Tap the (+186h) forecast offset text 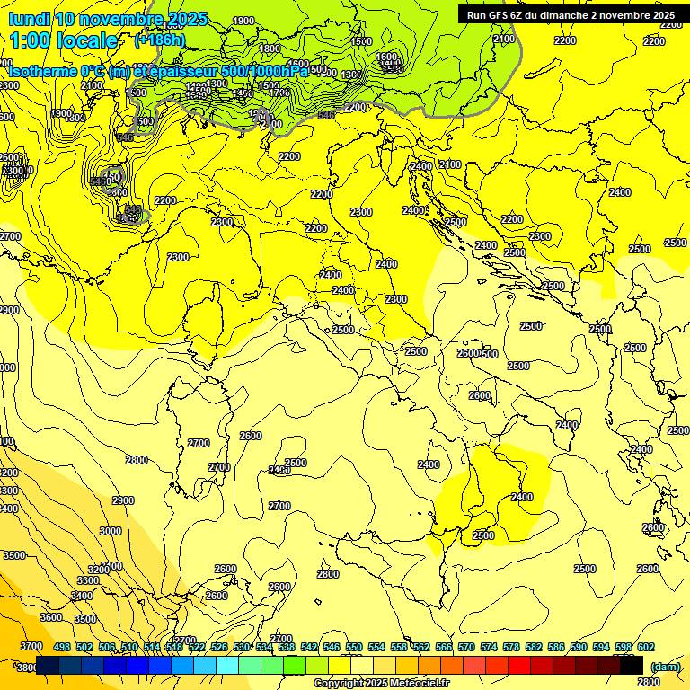coord(159,40)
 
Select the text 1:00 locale coord(63,40)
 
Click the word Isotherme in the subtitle coord(41,71)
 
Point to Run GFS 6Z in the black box coord(495,15)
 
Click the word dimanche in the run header coord(564,15)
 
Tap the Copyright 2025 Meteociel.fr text coord(381,684)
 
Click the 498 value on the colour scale coord(61,647)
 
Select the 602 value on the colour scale coord(645,647)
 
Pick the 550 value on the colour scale coord(353,647)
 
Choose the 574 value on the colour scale coord(488,647)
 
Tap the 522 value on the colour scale coord(196,647)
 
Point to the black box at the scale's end coord(632,666)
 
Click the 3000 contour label coord(110,531)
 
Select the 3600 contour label coord(51,617)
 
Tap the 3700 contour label coord(31,646)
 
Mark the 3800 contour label coord(26,668)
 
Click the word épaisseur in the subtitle coord(185,71)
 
